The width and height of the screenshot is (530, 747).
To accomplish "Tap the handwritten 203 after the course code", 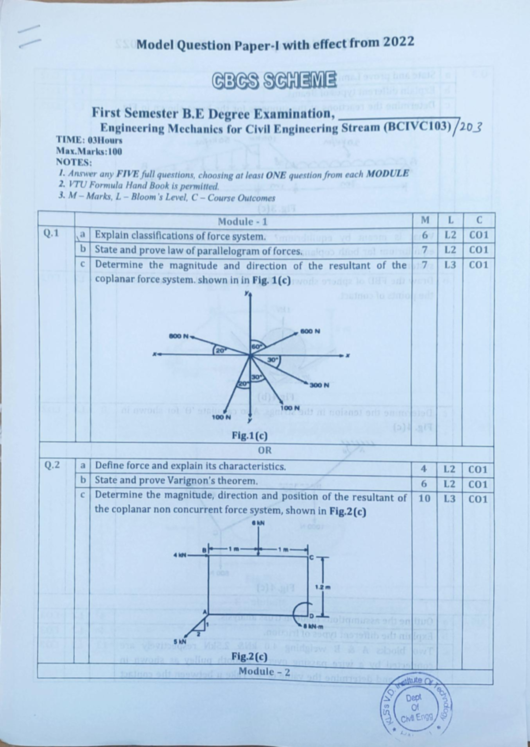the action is [469, 128].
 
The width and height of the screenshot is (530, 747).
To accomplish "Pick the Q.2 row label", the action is [52, 465].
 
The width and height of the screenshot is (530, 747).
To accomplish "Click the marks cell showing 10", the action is [424, 498].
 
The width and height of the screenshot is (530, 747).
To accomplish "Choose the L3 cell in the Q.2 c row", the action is [450, 499].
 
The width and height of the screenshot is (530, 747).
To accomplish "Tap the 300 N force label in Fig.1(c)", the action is [319, 385].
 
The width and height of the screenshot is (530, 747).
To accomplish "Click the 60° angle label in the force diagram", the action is [257, 346].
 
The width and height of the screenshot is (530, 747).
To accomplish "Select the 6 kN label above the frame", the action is [258, 523].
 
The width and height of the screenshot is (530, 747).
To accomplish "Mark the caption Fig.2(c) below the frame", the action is [250, 656].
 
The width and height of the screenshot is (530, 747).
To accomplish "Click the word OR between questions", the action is [265, 450].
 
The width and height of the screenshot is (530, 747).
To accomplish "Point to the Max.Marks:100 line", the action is [89, 151].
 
